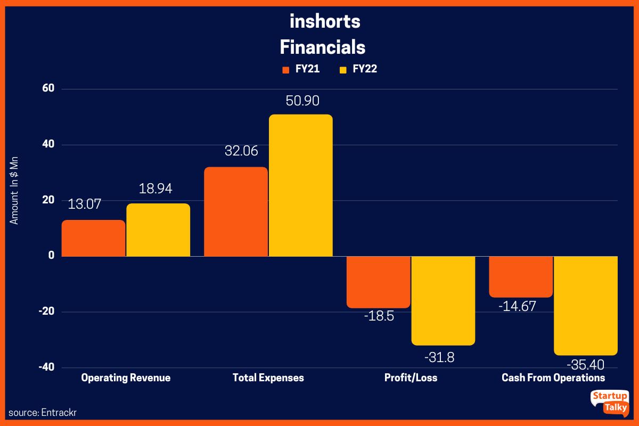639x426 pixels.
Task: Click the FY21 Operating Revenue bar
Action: pos(93,238)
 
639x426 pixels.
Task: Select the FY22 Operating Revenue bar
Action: pos(158,230)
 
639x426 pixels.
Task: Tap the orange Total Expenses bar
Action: pos(235,211)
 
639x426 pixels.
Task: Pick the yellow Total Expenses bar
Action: pos(300,185)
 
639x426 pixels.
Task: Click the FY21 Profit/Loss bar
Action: pos(378,282)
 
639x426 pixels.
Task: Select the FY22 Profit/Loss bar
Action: pos(443,300)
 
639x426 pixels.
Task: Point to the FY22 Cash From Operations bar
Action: pos(586,305)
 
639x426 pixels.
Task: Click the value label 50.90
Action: pos(302,101)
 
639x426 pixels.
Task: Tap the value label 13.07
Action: pos(84,204)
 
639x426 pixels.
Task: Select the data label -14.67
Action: pos(517,306)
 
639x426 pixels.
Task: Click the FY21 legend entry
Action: pos(300,69)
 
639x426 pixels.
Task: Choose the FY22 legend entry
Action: pos(358,69)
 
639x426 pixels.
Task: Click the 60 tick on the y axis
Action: pos(48,88)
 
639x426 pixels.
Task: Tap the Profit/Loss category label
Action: pos(411,378)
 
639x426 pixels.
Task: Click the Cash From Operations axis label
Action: pos(553,378)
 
